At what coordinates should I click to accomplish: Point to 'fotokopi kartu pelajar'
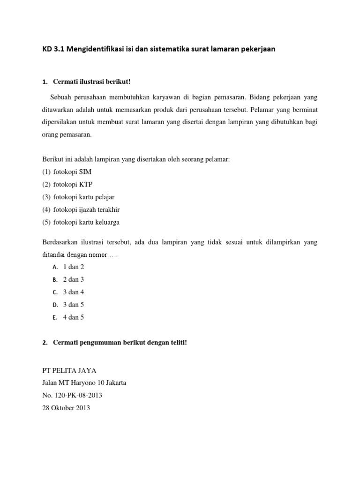tap(83, 197)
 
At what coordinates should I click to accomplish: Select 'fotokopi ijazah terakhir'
tap(86, 210)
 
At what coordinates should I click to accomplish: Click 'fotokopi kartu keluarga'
tap(86, 222)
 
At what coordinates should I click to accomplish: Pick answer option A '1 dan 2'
tap(73, 267)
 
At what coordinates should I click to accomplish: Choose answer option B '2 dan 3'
tap(73, 279)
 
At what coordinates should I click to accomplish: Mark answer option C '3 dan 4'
tap(73, 292)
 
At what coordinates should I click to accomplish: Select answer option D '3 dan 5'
tap(73, 305)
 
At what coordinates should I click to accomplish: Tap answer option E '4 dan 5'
tap(73, 317)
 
